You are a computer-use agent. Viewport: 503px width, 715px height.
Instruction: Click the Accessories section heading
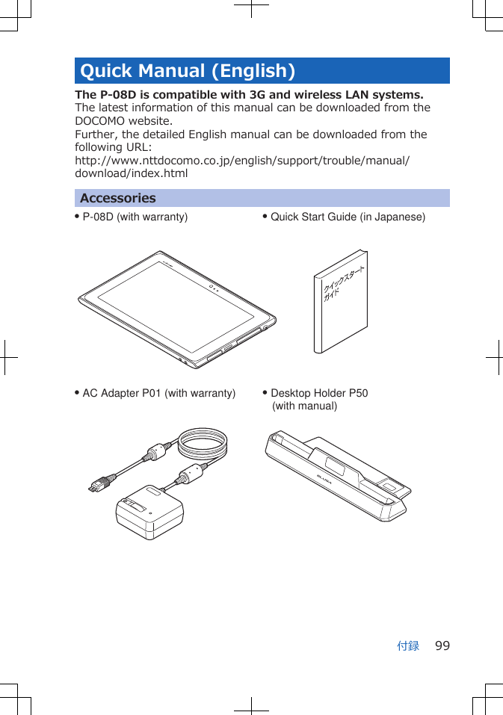point(118,198)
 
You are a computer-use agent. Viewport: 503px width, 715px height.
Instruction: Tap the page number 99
point(442,646)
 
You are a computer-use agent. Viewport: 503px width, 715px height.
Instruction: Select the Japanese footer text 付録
point(408,646)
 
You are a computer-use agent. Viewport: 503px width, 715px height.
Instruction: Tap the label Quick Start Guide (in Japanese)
point(348,217)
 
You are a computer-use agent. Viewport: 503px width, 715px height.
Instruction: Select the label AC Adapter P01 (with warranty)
point(158,394)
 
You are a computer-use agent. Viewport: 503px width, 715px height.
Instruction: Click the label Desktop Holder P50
point(319,394)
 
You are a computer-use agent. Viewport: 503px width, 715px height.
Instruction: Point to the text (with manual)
point(304,406)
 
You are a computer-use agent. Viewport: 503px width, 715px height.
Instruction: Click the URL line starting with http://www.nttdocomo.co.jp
point(242,161)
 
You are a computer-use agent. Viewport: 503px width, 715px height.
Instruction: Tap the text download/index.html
point(132,174)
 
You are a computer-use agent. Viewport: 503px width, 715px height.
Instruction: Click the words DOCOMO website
point(123,121)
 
